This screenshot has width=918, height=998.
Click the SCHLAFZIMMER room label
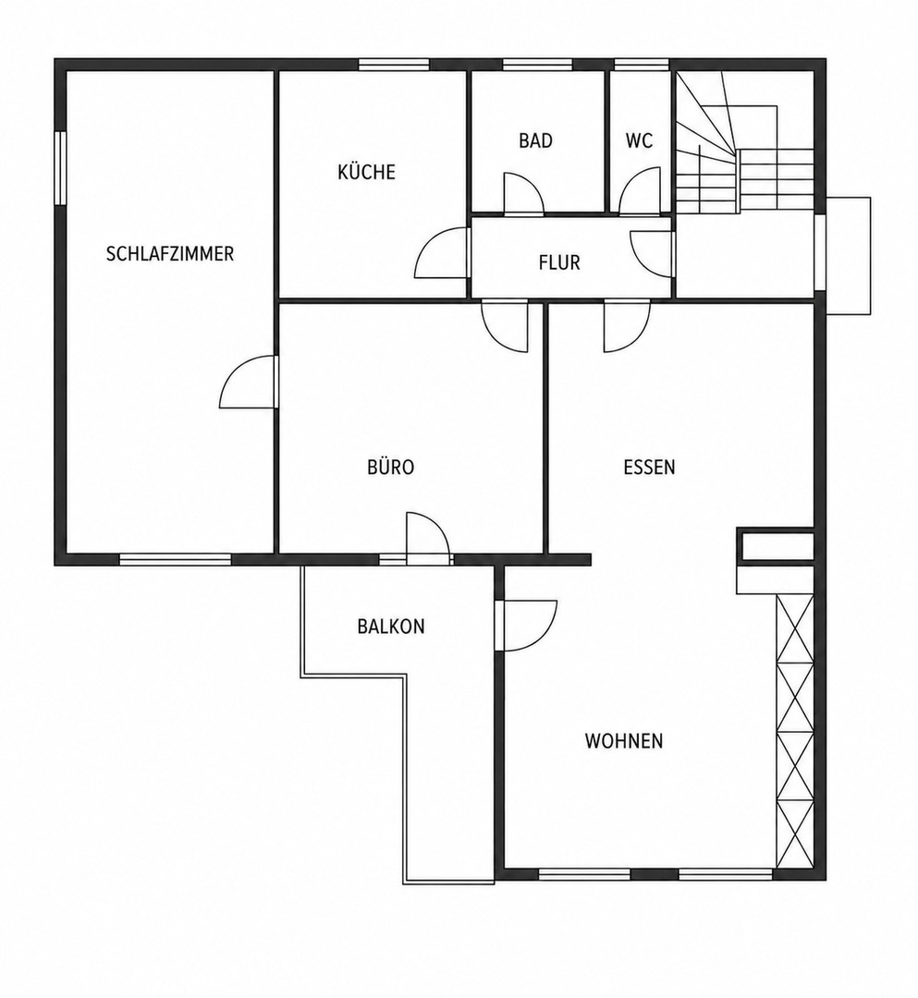pyautogui.click(x=170, y=254)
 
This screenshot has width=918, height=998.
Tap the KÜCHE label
pyautogui.click(x=367, y=172)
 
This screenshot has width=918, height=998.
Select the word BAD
pyautogui.click(x=535, y=140)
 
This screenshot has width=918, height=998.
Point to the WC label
pyautogui.click(x=639, y=140)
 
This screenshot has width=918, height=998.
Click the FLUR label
pyautogui.click(x=559, y=262)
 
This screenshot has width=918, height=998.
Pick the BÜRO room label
pyautogui.click(x=391, y=468)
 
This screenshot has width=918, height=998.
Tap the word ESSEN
pyautogui.click(x=649, y=468)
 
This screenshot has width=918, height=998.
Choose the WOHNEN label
pyautogui.click(x=624, y=741)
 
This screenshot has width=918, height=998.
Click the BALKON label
pyautogui.click(x=391, y=627)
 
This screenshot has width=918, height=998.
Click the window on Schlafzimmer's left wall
pyautogui.click(x=60, y=168)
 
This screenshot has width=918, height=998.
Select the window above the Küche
pyautogui.click(x=394, y=65)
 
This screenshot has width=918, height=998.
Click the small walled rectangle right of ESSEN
pyautogui.click(x=775, y=546)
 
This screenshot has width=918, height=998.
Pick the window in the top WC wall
pyautogui.click(x=642, y=65)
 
